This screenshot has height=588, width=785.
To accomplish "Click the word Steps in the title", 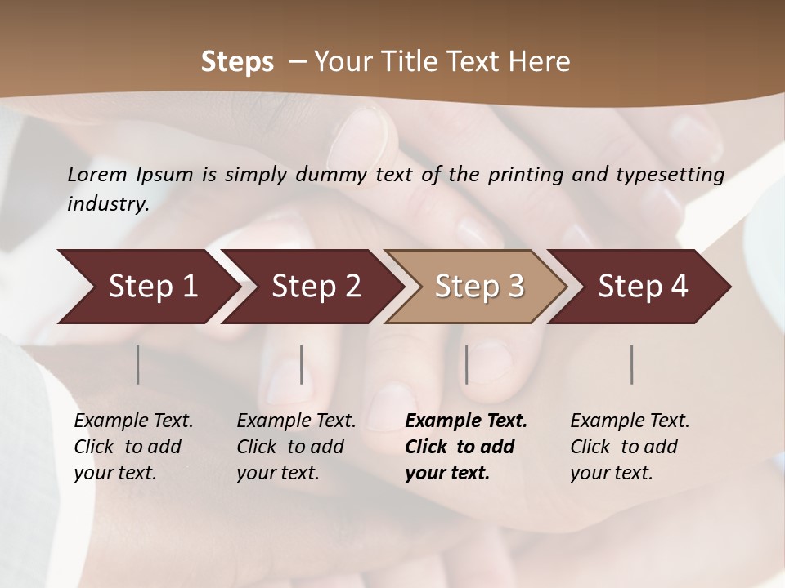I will coord(237,62).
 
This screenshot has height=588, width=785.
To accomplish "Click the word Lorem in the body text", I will coord(97,174).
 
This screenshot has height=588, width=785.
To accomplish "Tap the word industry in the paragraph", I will coord(108,203).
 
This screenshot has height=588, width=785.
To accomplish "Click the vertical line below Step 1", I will coord(138,364).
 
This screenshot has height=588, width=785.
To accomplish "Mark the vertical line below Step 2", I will coord(302,364).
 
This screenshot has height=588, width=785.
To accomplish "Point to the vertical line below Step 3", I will coord(467,364).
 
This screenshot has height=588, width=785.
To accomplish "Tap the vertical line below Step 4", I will coord(632,364).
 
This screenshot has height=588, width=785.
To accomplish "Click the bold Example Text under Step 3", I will coord(466,421).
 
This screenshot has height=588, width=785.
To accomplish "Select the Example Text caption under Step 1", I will coord(133,421).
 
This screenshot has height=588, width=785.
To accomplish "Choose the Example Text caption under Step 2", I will coord(296,421).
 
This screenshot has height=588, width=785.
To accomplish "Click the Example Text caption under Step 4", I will coord(630,421).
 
